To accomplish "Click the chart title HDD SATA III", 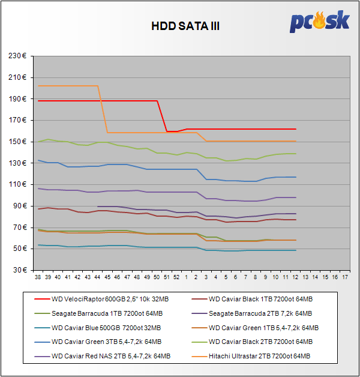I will coord(179,27).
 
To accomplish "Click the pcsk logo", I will coord(319,22).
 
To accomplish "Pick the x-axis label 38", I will coord(38,277).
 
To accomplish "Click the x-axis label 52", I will coord(176,277).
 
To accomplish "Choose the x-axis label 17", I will coord(344,277).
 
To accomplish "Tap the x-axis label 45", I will coord(107,277).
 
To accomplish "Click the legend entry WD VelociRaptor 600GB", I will coord(107,298).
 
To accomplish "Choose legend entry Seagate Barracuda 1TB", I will coord(107,313).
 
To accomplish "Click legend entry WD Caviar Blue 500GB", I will coord(107,327).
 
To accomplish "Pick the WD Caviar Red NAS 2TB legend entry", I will coord(111,356).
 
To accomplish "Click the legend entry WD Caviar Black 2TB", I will coord(260,342).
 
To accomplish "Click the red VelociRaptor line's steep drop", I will coord(162,116).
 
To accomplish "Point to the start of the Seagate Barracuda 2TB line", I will coord(98,206).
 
